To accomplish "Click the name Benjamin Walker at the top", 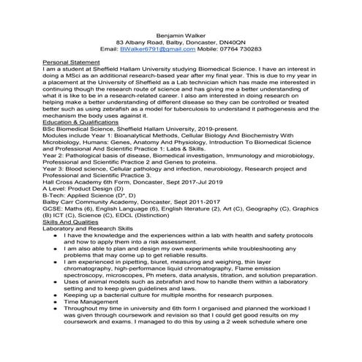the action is (x=181, y=34).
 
